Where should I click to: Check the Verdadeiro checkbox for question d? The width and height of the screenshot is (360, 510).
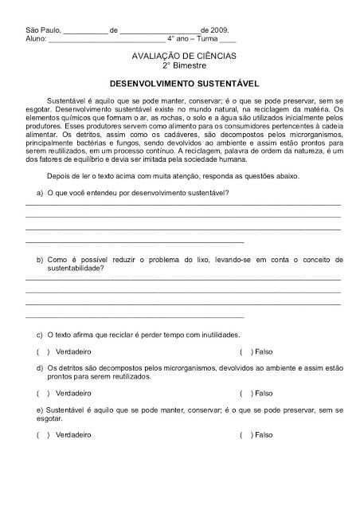click(42, 393)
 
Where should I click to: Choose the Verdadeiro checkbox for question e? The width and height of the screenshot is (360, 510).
click(42, 435)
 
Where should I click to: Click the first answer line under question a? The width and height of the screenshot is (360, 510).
click(183, 205)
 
